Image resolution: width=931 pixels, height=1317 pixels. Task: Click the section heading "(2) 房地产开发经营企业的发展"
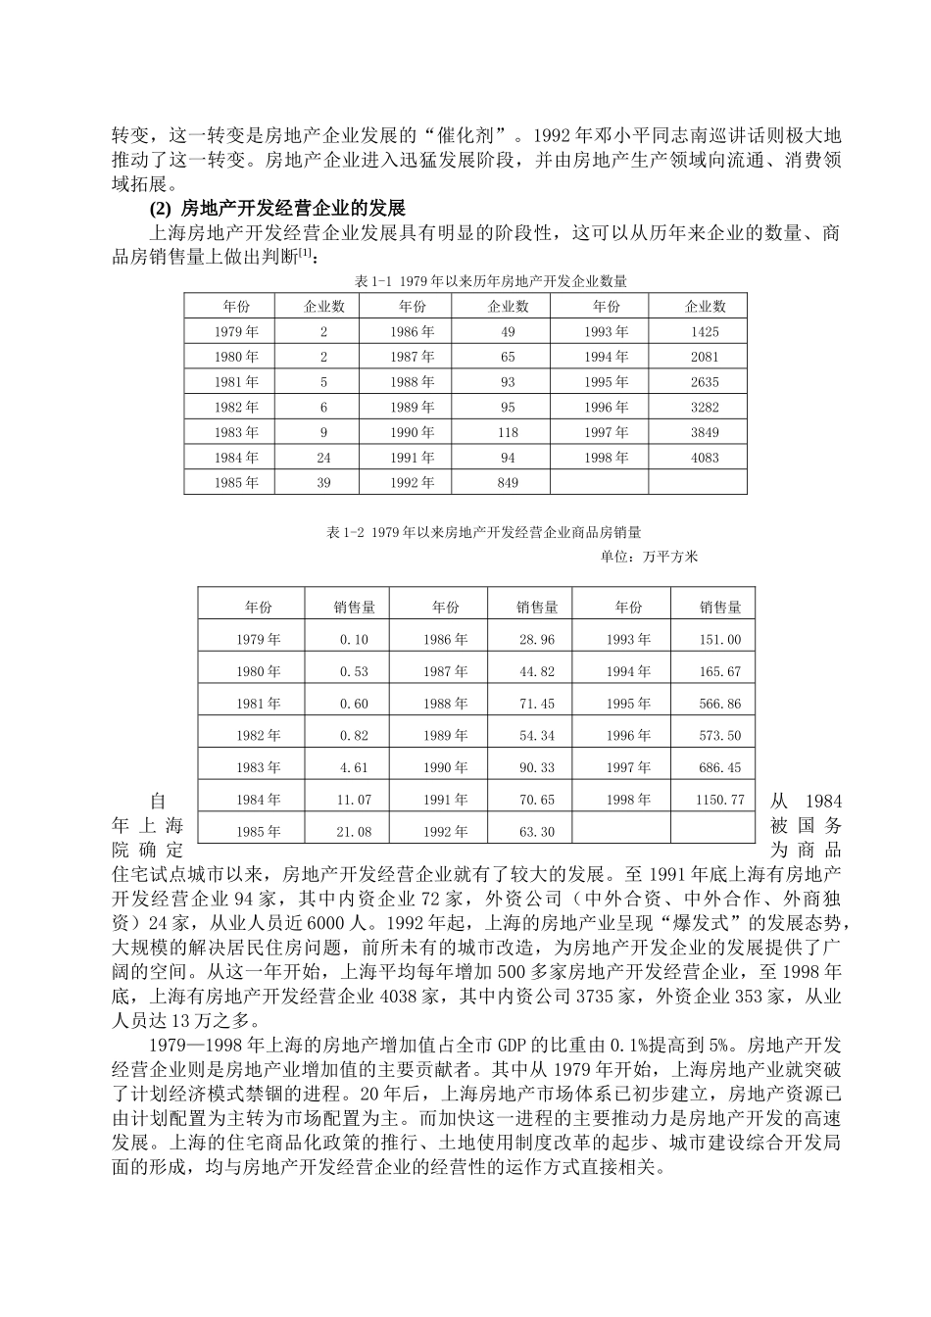tap(276, 209)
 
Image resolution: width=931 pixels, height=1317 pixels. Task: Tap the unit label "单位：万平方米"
tap(649, 557)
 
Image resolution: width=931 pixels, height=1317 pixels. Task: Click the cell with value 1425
tap(704, 332)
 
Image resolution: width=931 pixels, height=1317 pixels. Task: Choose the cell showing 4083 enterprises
tap(704, 458)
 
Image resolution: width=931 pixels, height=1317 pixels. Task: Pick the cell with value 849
tap(508, 482)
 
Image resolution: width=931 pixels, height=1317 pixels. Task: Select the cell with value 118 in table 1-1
tap(508, 432)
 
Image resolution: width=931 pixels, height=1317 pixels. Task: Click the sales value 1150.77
tap(720, 800)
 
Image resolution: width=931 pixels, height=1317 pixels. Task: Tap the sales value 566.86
tap(720, 704)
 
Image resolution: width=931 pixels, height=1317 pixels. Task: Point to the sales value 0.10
tap(354, 639)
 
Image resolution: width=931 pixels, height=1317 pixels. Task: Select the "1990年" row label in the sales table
tap(445, 767)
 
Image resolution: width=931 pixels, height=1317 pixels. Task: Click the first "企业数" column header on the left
tap(324, 307)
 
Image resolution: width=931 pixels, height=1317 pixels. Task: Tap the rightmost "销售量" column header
tap(720, 608)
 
